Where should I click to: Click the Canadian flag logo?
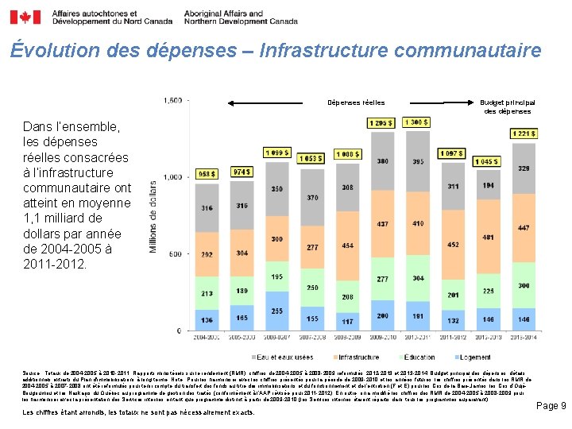(29, 17)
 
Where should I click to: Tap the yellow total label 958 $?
(207, 174)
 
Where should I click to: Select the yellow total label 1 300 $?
(418, 122)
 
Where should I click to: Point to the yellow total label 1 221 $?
(523, 133)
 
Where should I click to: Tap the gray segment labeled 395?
(418, 161)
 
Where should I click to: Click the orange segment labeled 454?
(347, 245)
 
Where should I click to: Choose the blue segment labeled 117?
(347, 321)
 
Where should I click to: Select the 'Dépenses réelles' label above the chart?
(357, 102)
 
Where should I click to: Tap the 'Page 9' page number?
(551, 406)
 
